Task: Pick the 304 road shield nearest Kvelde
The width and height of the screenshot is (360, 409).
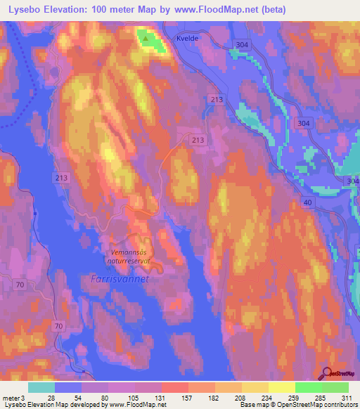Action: pyautogui.click(x=241, y=45)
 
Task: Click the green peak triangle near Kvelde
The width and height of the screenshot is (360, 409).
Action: pyautogui.click(x=146, y=39)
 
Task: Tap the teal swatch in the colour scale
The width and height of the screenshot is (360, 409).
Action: pyautogui.click(x=41, y=387)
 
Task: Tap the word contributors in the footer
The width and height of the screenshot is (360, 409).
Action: pyautogui.click(x=338, y=404)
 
